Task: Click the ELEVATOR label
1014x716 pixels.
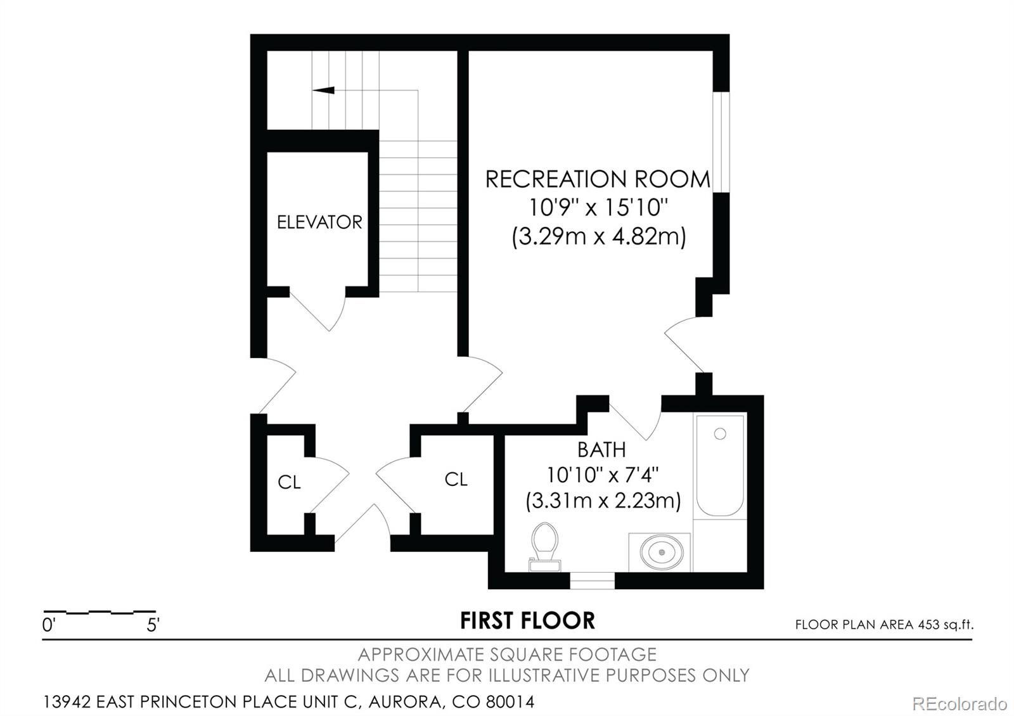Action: pos(319,222)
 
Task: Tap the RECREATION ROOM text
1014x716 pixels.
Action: pos(598,179)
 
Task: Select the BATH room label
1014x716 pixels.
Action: pos(601,450)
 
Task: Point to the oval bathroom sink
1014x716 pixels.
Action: pos(662,552)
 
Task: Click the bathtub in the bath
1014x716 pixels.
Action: pos(720,466)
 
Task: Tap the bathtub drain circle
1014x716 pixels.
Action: pos(720,434)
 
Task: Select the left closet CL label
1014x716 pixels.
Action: pos(289,483)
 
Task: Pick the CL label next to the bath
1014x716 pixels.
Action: pos(456,480)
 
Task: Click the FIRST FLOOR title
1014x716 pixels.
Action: pos(527,621)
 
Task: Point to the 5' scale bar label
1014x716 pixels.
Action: pos(153,626)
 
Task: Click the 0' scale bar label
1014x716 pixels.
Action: pos(49,626)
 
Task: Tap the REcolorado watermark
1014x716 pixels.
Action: pos(959,703)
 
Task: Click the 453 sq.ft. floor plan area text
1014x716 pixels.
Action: pos(884,625)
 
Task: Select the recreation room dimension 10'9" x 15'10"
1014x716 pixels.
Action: pos(599,208)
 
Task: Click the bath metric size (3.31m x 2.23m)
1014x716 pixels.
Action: pos(603,501)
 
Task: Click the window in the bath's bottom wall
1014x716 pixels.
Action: pos(592,580)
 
